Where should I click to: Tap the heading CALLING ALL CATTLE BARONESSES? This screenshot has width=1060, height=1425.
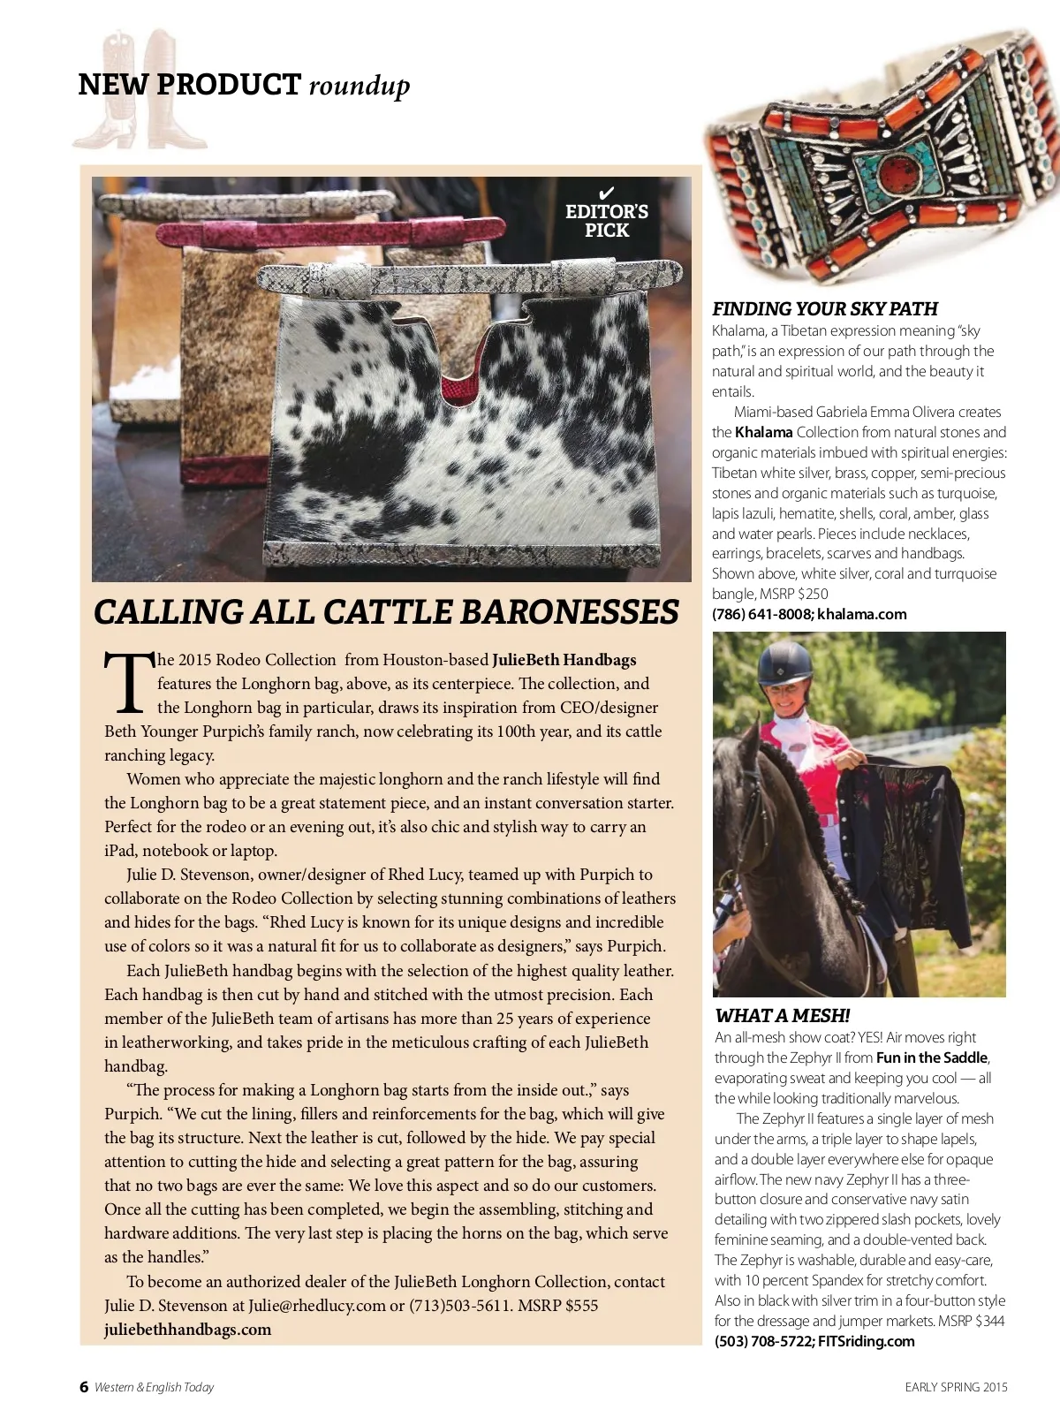click(x=386, y=611)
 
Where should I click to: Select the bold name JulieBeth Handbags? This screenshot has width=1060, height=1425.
click(x=564, y=660)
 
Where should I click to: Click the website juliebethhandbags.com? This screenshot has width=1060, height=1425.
click(x=187, y=1329)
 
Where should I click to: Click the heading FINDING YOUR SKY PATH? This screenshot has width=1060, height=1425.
click(x=824, y=308)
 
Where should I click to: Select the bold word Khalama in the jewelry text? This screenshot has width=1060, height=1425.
click(x=763, y=432)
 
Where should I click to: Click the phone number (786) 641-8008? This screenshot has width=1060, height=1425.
click(x=761, y=614)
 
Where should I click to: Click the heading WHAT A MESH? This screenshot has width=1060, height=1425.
click(x=782, y=1015)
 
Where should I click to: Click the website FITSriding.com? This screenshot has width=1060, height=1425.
click(x=867, y=1341)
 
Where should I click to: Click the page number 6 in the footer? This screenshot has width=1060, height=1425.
click(x=84, y=1386)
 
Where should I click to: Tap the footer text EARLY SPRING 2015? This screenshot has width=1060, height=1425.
click(x=956, y=1386)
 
